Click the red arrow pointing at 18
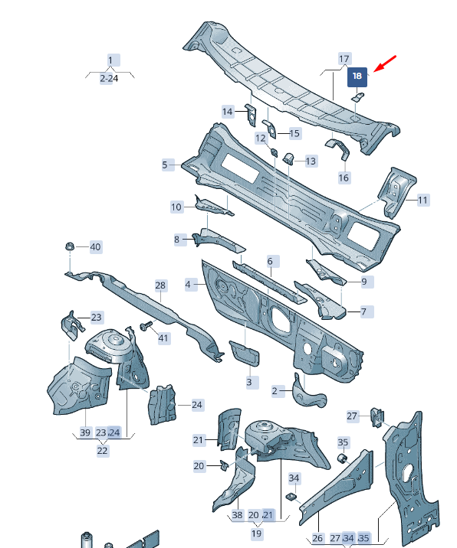[x=385, y=64]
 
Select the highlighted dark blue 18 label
[x=357, y=77]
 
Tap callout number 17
[x=344, y=59]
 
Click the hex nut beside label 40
[x=70, y=246]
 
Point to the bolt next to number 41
[x=146, y=326]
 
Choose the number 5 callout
[x=166, y=165]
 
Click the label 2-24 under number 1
[x=109, y=79]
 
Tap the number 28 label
[x=160, y=285]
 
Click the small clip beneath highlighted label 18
[x=357, y=97]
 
